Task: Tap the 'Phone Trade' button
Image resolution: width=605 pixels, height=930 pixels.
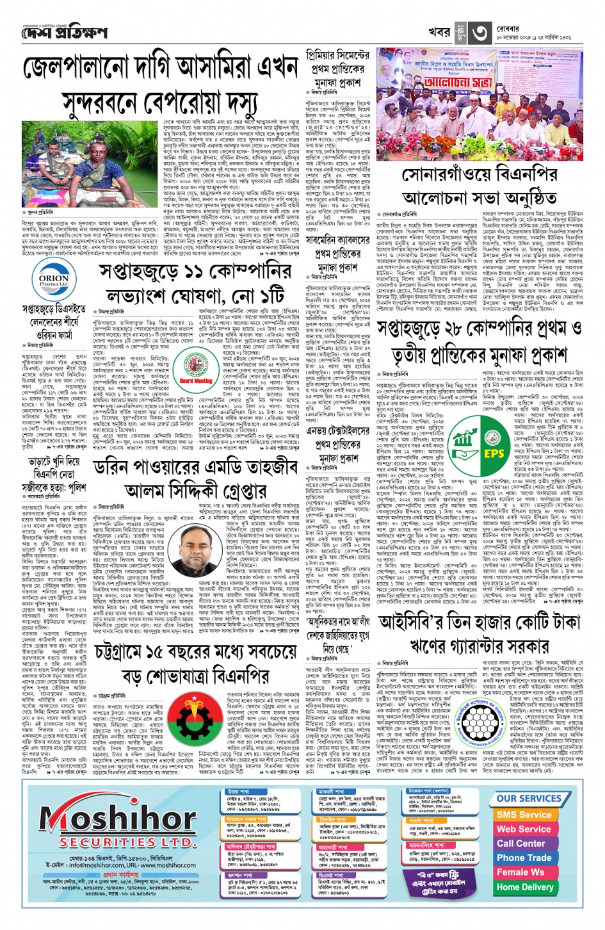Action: [524, 858]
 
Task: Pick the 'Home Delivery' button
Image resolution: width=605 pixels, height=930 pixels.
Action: [524, 887]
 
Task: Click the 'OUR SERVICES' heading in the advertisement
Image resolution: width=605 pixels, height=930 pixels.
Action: [529, 799]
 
